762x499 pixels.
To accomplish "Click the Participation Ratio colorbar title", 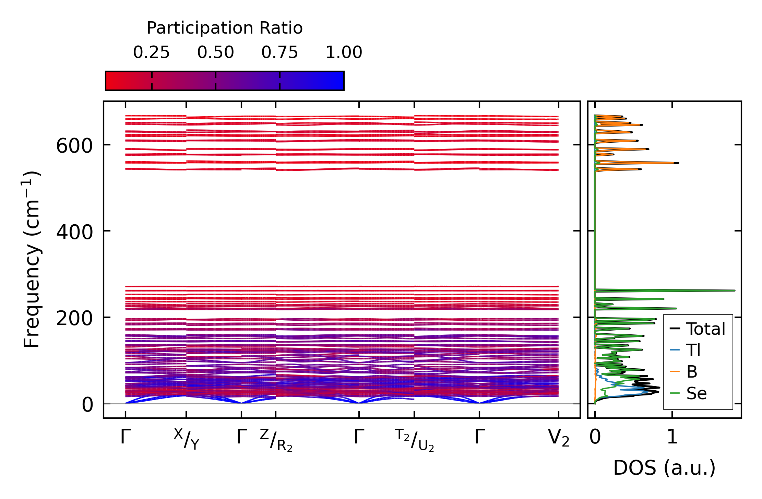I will click(x=225, y=28).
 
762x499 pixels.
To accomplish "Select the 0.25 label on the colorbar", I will click(x=151, y=52).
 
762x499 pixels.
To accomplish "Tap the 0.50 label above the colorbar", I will click(x=215, y=52).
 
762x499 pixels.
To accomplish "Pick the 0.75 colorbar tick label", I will click(x=279, y=52).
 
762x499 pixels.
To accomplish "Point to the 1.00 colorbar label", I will click(x=344, y=52).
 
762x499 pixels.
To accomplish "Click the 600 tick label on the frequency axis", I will click(x=74, y=146).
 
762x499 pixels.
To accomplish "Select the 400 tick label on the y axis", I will click(x=74, y=233).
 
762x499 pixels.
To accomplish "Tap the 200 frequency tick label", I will click(x=74, y=319).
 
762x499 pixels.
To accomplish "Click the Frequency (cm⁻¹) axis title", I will click(x=32, y=259).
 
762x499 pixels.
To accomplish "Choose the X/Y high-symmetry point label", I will click(x=186, y=439).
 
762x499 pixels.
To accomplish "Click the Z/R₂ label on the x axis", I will click(x=276, y=440).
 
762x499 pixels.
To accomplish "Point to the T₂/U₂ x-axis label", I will click(x=414, y=440).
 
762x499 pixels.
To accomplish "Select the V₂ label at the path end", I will click(x=559, y=438).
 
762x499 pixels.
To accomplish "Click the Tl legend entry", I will click(x=693, y=350).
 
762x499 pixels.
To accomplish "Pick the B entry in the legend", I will click(x=692, y=372).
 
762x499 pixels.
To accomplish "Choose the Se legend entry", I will click(x=696, y=393).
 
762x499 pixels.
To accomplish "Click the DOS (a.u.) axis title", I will click(x=664, y=468).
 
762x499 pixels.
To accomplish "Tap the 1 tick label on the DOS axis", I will click(x=672, y=437).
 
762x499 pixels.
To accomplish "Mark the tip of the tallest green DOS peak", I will click(x=735, y=290).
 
